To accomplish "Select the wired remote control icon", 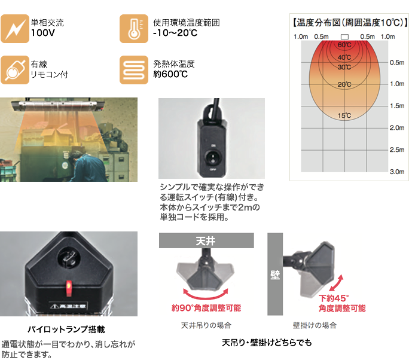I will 13,70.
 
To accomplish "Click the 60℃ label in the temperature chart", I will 344,45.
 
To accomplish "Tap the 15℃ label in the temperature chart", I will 344,115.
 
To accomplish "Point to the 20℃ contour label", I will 344,84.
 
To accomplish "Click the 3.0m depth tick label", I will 397,172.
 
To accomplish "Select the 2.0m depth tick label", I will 397,128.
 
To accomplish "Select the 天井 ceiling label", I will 206,242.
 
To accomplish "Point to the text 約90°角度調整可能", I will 206,309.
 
